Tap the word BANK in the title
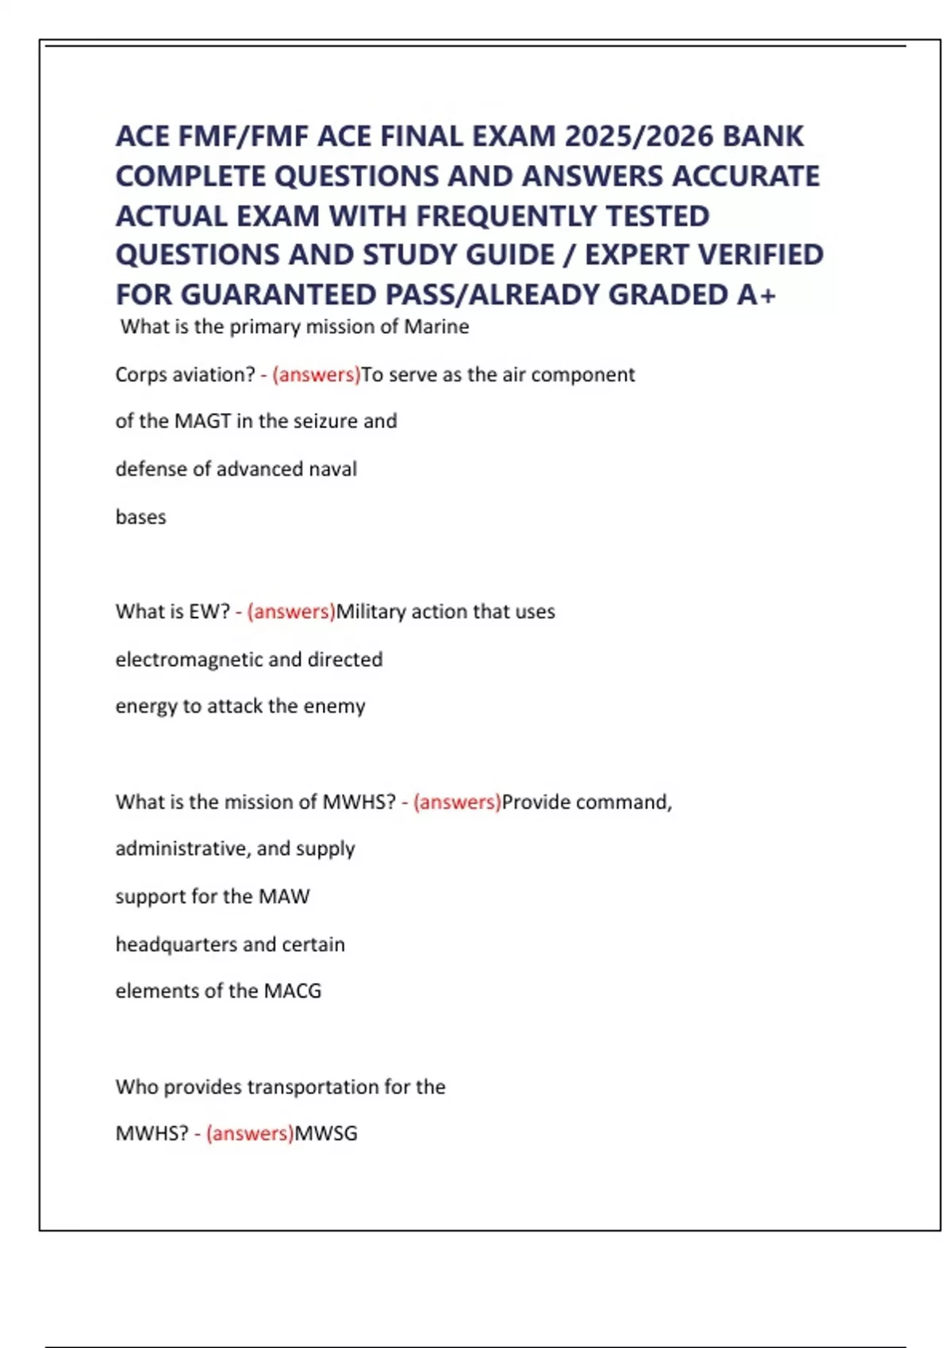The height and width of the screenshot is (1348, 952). (x=763, y=136)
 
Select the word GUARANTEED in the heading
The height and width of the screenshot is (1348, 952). (x=282, y=295)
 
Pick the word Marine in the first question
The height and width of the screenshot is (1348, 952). (x=436, y=327)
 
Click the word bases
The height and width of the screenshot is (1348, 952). (x=140, y=517)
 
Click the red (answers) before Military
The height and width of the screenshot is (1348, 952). (x=291, y=611)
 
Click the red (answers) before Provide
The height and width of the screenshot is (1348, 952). (x=457, y=802)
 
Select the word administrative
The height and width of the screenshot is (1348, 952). (x=182, y=848)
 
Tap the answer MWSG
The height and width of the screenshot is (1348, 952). (x=325, y=1133)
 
